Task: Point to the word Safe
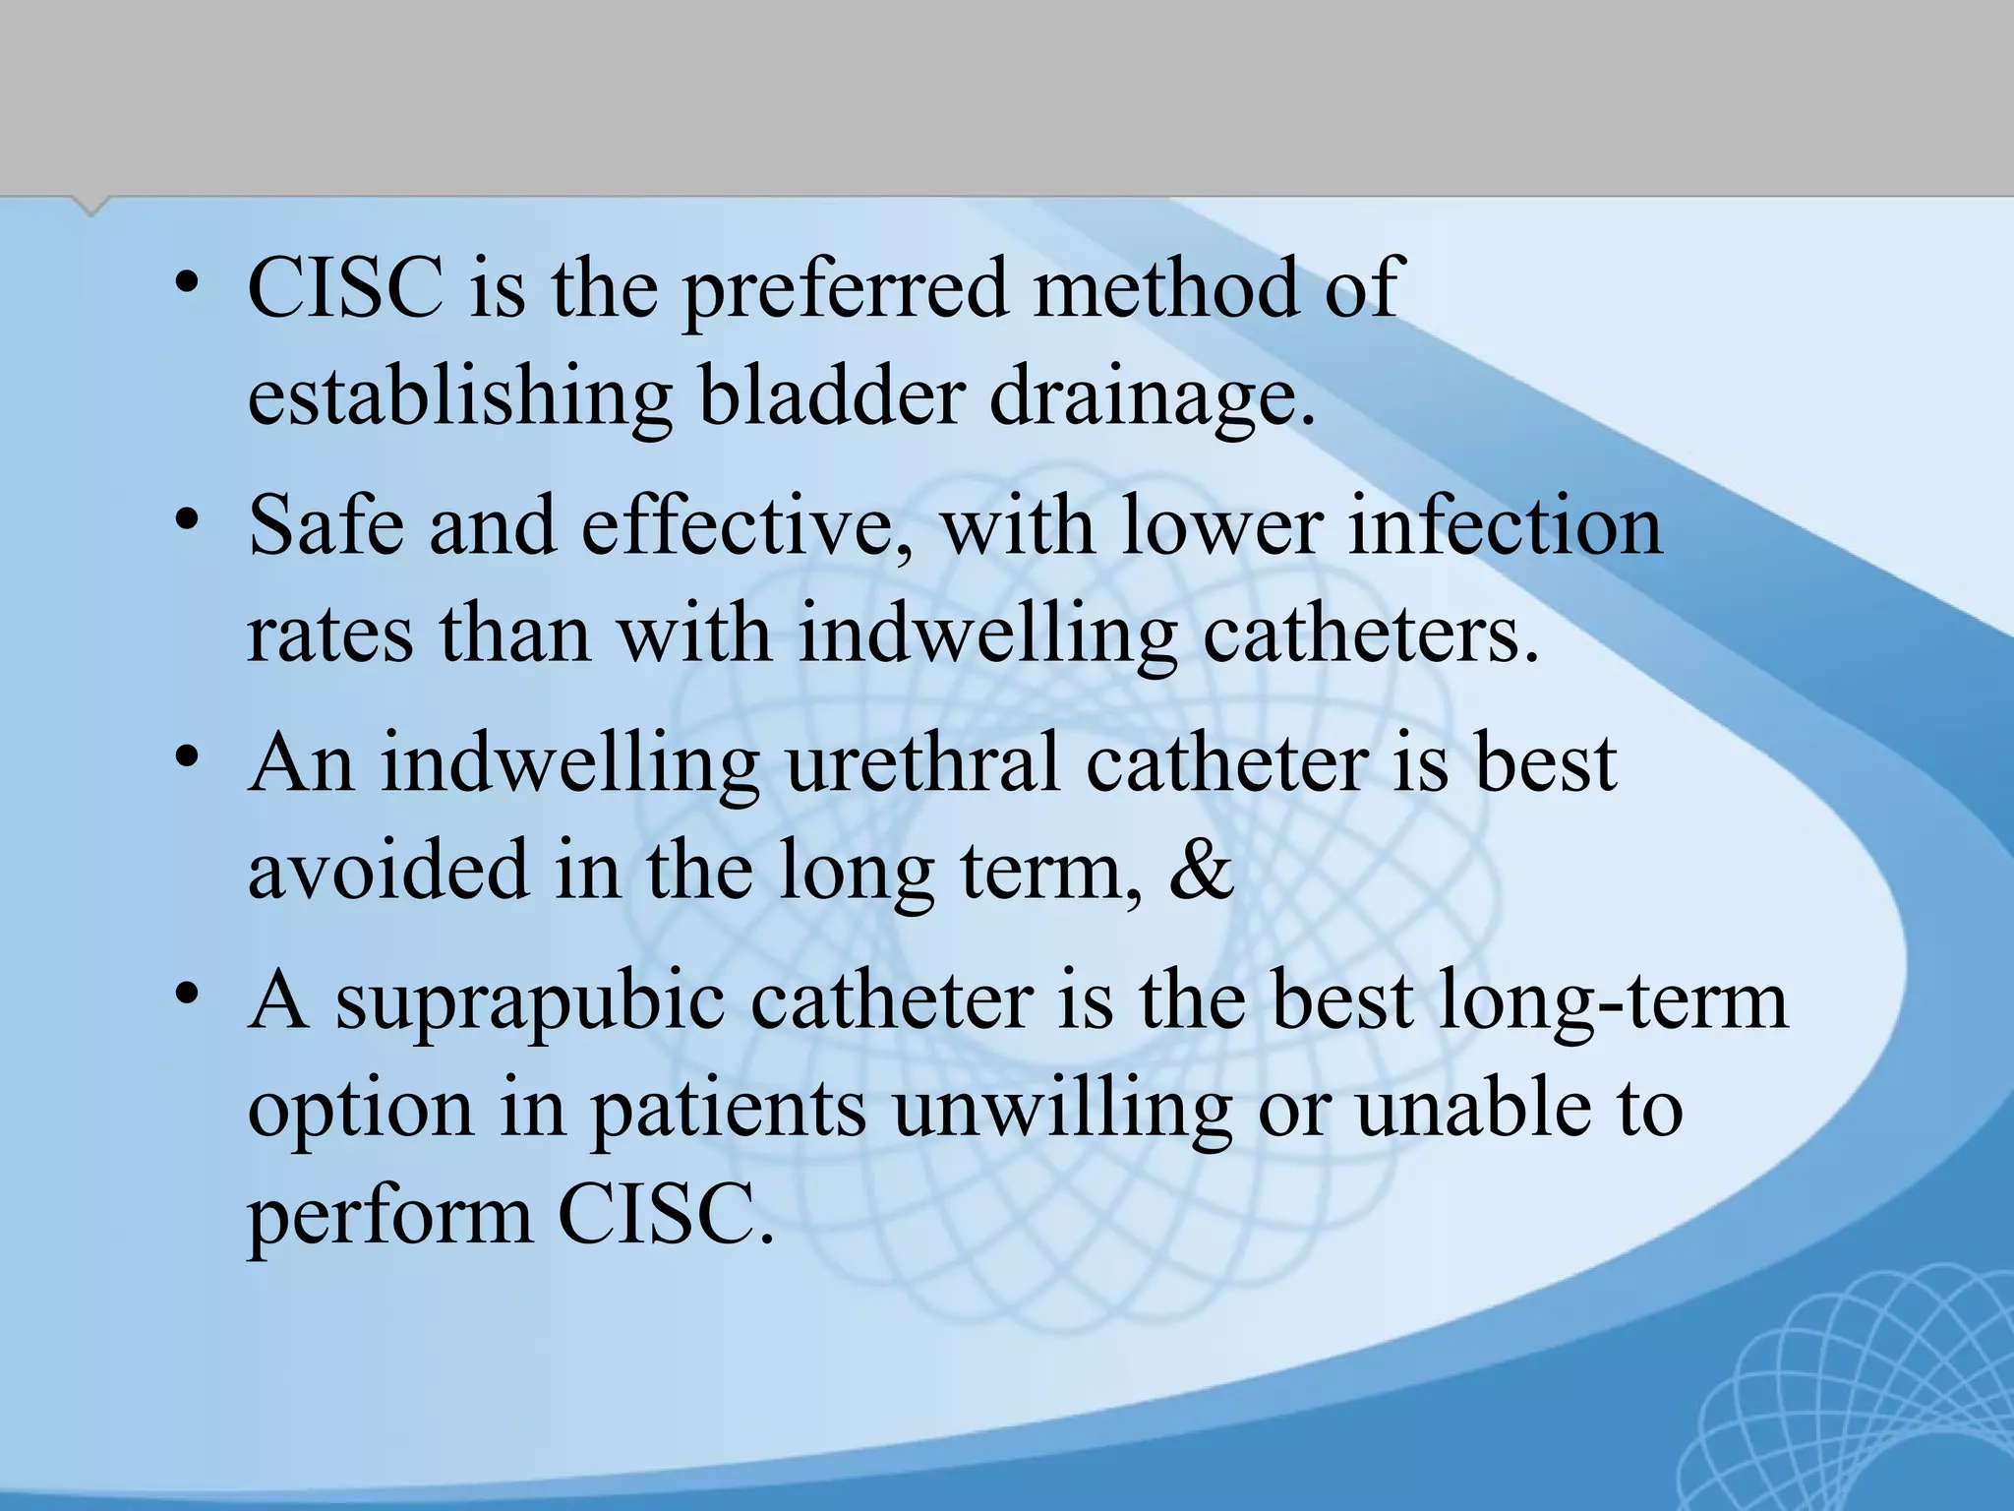[x=326, y=526]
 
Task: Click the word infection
[x=1505, y=526]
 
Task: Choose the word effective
[x=746, y=526]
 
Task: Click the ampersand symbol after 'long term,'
[x=1201, y=871]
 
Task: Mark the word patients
[x=728, y=1110]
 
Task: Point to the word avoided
[x=388, y=871]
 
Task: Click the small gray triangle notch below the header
[x=91, y=205]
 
